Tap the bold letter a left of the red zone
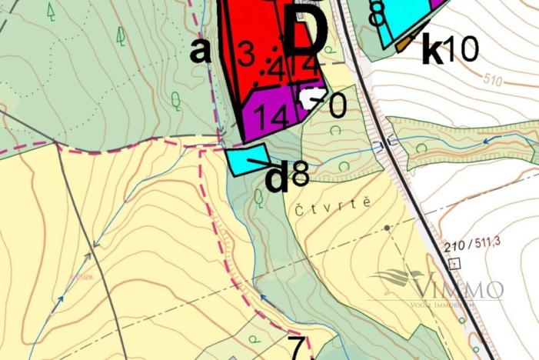coord(200,51)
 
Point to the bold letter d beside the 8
coord(276,178)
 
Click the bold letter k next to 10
coord(433,50)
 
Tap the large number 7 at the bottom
coord(297,347)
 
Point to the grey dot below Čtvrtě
coord(387,228)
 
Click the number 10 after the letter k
coord(461,50)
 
